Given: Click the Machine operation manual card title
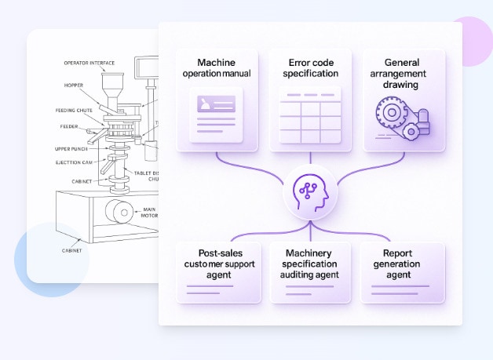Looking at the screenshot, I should point(216,67).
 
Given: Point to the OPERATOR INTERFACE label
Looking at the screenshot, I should point(89,63).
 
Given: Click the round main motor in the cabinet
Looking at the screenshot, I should point(119,211).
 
